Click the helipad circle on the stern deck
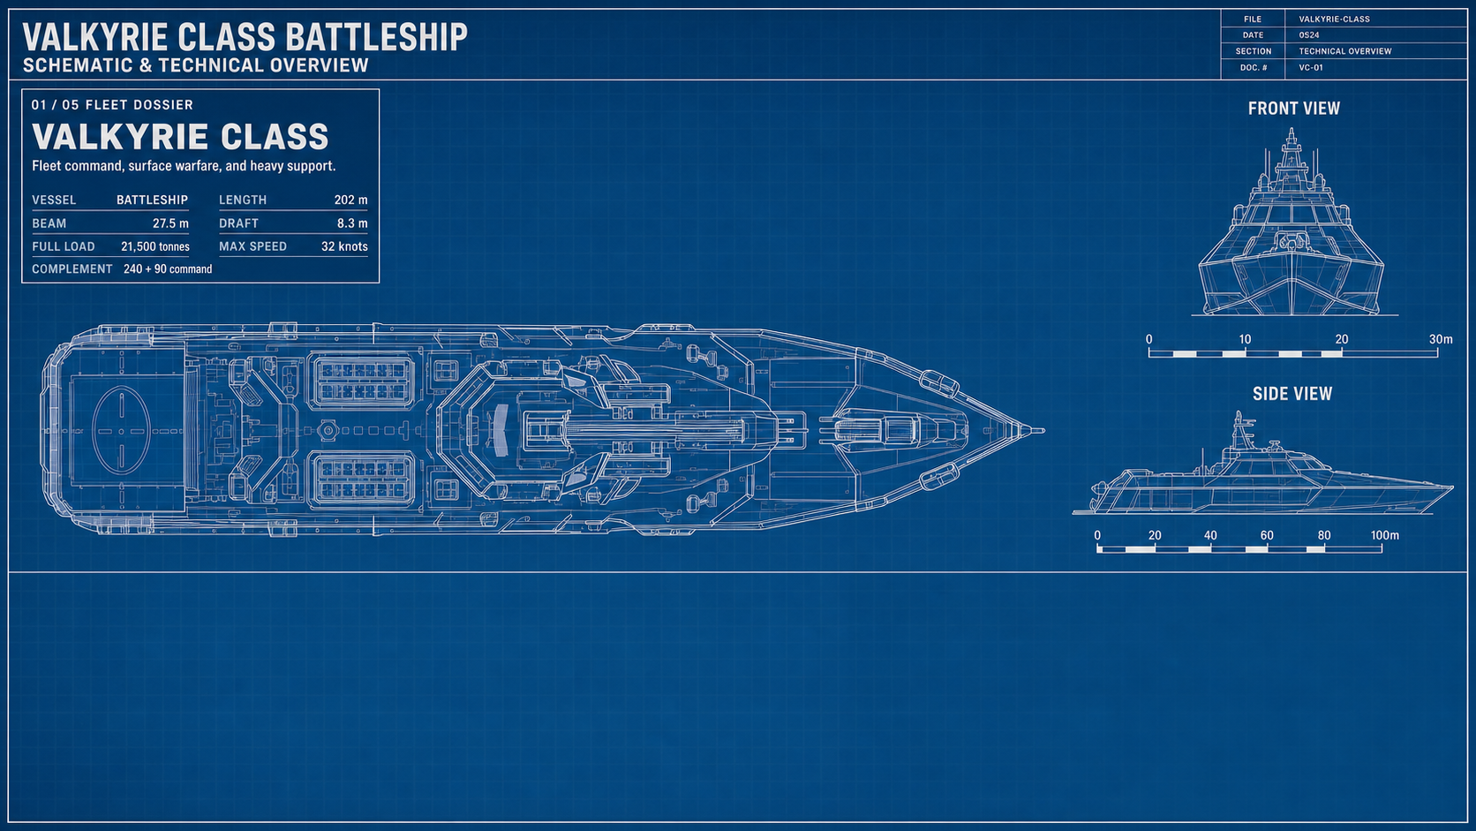[x=93, y=431]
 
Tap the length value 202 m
[x=350, y=200]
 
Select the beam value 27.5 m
[x=170, y=223]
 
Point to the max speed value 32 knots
[x=344, y=246]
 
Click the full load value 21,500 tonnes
[x=154, y=246]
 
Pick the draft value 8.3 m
[x=352, y=223]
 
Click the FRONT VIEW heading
[x=1293, y=108]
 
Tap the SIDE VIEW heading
[x=1292, y=394]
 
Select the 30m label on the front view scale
[x=1441, y=339]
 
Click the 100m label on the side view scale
[x=1384, y=535]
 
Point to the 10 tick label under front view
[x=1244, y=339]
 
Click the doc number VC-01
[x=1311, y=67]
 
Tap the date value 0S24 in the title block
[x=1308, y=35]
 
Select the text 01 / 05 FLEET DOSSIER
[x=112, y=105]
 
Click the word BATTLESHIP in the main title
[x=376, y=37]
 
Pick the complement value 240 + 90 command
[x=168, y=268]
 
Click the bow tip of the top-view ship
[x=1043, y=431]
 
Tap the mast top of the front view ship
[x=1291, y=129]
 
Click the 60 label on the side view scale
[x=1267, y=535]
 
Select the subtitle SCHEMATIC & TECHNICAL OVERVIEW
[x=196, y=65]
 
